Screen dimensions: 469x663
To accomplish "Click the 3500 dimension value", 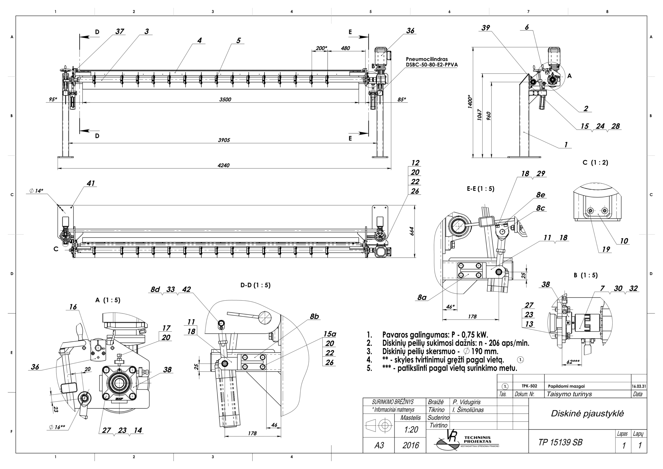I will pyautogui.click(x=225, y=100).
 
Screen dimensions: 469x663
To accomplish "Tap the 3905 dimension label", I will pyautogui.click(x=224, y=140).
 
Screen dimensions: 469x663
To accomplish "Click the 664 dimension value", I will pyautogui.click(x=412, y=231).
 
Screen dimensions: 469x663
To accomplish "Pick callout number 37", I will pyautogui.click(x=120, y=32).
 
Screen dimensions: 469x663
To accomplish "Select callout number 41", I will pyautogui.click(x=91, y=183).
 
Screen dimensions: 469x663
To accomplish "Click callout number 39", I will pyautogui.click(x=486, y=28).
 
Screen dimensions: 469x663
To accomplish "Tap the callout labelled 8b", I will pyautogui.click(x=314, y=317).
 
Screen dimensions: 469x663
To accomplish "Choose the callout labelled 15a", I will pyautogui.click(x=329, y=334).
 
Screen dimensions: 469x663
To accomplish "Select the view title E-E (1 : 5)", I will pyautogui.click(x=480, y=189).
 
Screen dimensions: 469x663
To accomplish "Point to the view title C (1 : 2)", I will pyautogui.click(x=595, y=163).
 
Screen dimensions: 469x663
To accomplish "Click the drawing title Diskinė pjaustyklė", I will pyautogui.click(x=587, y=414).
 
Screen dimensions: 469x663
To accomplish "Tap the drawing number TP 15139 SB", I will pyautogui.click(x=560, y=442).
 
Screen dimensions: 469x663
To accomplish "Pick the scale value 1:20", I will pyautogui.click(x=411, y=430).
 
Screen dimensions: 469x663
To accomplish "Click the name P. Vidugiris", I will pyautogui.click(x=466, y=402).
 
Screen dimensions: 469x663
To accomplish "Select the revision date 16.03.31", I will pyautogui.click(x=639, y=386).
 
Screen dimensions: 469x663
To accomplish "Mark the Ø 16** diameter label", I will pyautogui.click(x=57, y=427).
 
